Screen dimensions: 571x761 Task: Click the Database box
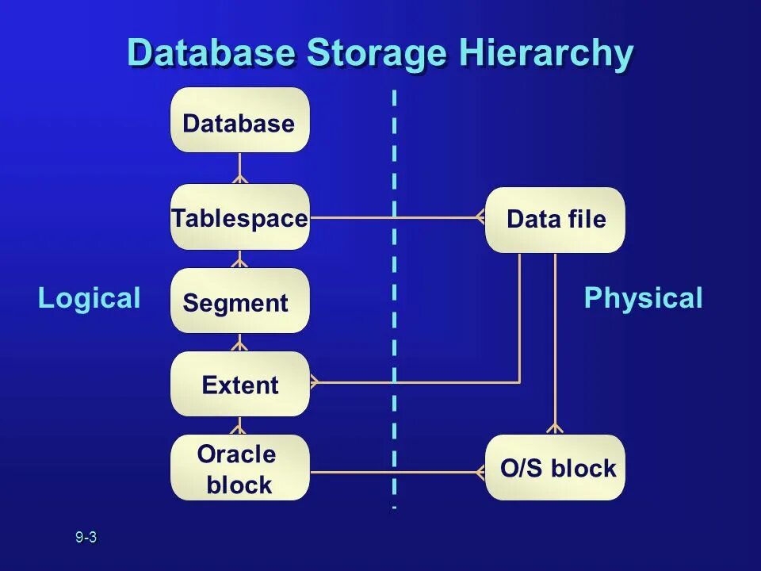point(239,121)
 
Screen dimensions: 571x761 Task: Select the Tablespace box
point(239,217)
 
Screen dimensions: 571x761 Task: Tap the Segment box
point(239,301)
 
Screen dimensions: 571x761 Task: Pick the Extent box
point(239,385)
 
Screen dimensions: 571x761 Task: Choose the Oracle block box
point(239,468)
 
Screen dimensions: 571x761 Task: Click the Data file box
point(555,220)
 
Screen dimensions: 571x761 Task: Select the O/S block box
point(555,468)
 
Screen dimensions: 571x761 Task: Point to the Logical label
point(89,299)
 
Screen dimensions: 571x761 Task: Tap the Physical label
point(643,299)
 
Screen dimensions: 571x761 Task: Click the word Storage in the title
point(377,54)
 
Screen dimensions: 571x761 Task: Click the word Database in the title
point(211,54)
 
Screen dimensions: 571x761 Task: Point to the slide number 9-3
point(86,538)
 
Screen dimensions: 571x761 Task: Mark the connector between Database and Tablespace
point(239,168)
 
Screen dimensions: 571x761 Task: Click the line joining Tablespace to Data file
point(396,217)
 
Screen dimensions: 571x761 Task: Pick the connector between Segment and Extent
point(239,343)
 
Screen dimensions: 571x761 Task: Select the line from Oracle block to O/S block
point(396,473)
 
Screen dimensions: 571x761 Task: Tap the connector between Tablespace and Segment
point(239,259)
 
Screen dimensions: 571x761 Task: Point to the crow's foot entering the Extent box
point(315,382)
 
